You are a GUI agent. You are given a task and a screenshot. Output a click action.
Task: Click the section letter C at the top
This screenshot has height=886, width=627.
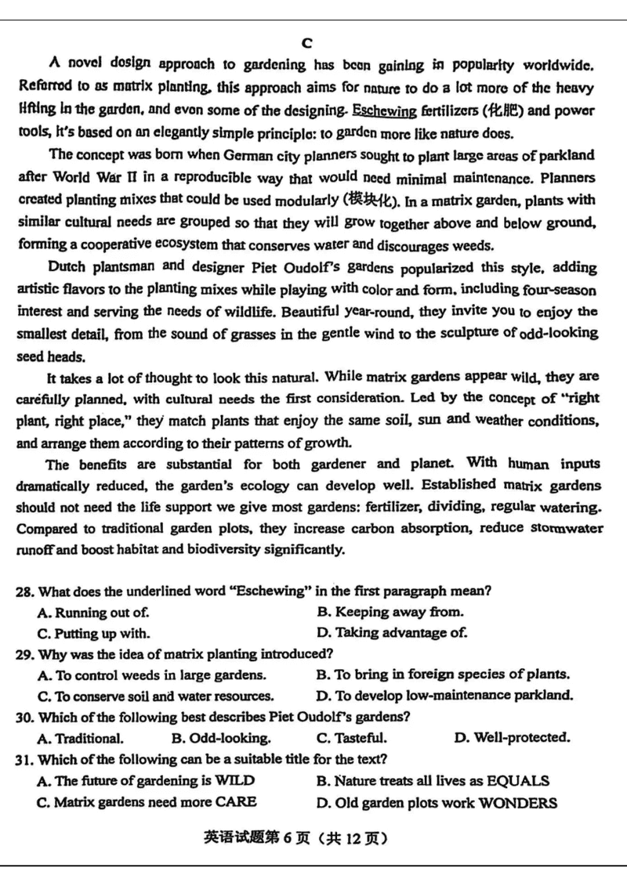(x=306, y=42)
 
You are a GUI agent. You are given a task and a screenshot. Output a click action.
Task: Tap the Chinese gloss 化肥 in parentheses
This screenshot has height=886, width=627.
(x=510, y=109)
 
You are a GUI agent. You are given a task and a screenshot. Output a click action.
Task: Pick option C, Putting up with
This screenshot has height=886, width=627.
(x=93, y=633)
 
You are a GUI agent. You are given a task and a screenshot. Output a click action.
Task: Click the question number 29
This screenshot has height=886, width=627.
(x=25, y=653)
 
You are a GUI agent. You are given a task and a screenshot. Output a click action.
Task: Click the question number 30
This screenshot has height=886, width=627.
(x=25, y=716)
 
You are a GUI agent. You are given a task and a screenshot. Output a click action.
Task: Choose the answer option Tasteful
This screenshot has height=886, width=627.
(x=351, y=738)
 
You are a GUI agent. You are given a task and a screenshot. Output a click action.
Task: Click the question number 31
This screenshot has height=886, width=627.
(x=25, y=758)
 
